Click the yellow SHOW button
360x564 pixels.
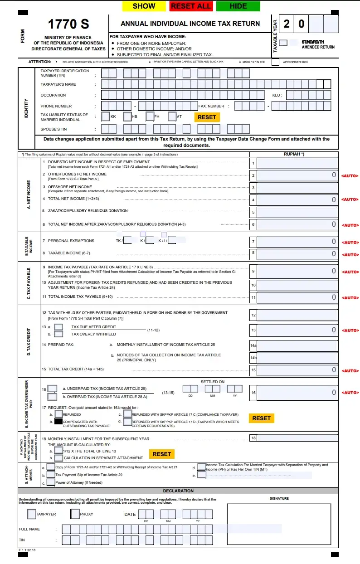pyautogui.click(x=144, y=6)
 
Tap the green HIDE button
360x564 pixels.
pyautogui.click(x=238, y=6)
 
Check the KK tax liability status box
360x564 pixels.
pyautogui.click(x=106, y=117)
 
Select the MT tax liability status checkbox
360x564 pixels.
pyautogui.click(x=172, y=117)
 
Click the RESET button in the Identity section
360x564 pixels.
pyautogui.click(x=207, y=117)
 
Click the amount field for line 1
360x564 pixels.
pyautogui.click(x=297, y=163)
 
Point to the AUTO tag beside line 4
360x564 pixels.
pyautogui.click(x=350, y=199)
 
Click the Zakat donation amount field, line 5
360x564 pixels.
pyautogui.click(x=297, y=212)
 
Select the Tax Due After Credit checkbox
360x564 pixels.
pyautogui.click(x=58, y=327)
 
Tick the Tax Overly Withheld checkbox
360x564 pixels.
pyautogui.click(x=58, y=334)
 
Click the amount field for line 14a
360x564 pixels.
pyautogui.click(x=297, y=345)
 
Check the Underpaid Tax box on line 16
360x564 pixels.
pyautogui.click(x=52, y=389)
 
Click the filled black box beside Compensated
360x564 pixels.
pyautogui.click(x=58, y=421)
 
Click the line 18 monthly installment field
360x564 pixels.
pyautogui.click(x=297, y=438)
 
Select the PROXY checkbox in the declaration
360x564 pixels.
pyautogui.click(x=75, y=514)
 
